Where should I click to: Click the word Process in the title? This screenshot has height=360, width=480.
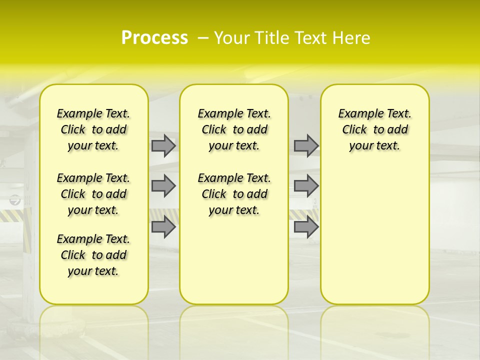pos(154,38)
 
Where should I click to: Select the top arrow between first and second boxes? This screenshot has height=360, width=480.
pos(163,145)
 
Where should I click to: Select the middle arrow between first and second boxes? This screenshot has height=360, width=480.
pos(163,186)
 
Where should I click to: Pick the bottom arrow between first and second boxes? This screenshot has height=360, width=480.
pos(163,227)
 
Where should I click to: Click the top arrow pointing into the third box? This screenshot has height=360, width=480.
pos(306,145)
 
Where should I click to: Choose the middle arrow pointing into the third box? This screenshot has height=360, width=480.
pos(306,186)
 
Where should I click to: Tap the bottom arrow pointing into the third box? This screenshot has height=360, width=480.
pos(306,227)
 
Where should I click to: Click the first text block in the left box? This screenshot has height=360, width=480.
pos(93,129)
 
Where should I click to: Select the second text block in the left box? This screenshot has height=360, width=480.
pos(93,194)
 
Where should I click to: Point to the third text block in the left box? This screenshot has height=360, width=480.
pos(93,255)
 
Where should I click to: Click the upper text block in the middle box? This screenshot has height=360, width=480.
pos(234,129)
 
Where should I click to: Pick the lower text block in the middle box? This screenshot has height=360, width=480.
pos(234,194)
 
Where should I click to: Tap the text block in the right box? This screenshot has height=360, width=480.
pos(375,129)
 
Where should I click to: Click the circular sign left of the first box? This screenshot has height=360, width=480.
pos(15,200)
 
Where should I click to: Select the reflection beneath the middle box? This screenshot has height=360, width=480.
pos(234,325)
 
